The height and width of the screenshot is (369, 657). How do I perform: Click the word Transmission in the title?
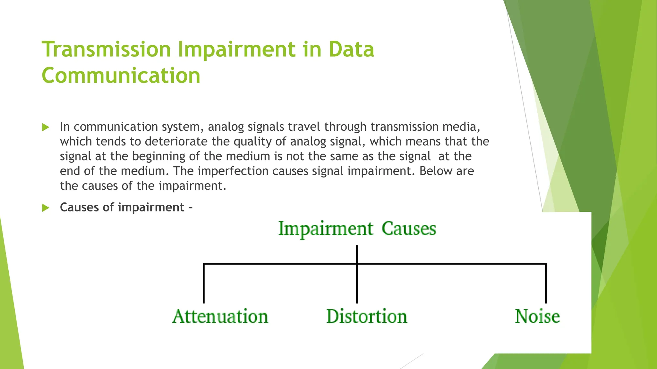pos(106,49)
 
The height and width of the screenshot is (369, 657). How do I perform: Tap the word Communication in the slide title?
pos(121,76)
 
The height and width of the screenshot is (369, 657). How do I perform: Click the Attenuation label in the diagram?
pos(220,316)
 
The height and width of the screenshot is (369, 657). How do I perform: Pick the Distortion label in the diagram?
pos(367,316)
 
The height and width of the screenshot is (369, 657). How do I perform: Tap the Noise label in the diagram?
pos(537,316)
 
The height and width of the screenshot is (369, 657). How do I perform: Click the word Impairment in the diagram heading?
pos(326,229)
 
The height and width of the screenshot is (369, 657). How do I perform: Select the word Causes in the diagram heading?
pos(409,229)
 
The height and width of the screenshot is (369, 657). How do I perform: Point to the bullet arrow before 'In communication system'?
pos(46,127)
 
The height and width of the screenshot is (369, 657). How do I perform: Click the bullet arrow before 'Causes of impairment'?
pos(46,208)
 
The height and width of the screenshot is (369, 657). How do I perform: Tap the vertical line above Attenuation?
pos(204,283)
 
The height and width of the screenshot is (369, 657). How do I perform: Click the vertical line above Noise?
pos(546,283)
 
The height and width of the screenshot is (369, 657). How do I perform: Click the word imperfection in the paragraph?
pos(233,171)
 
